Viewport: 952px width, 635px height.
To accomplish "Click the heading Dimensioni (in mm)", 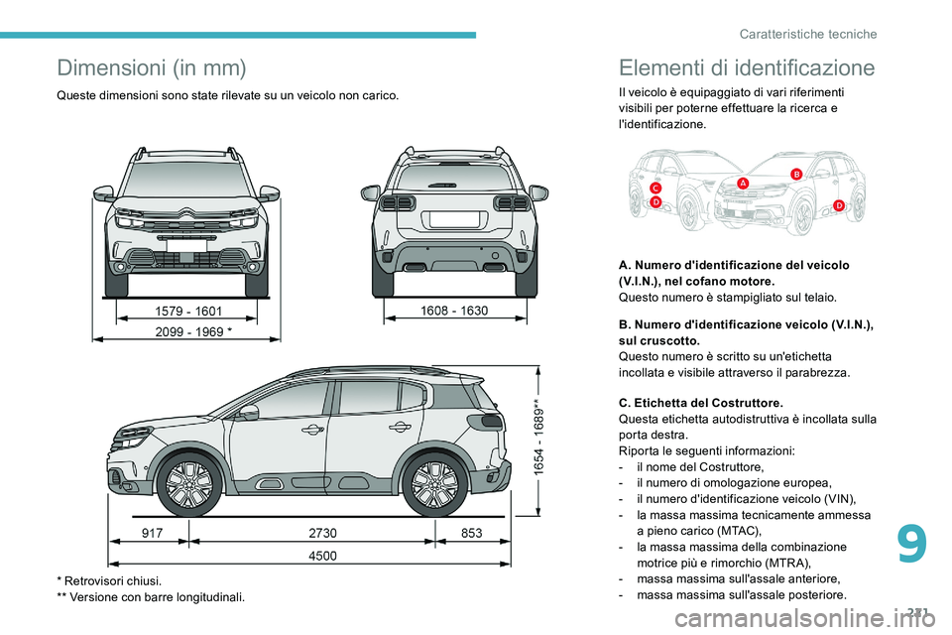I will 151,67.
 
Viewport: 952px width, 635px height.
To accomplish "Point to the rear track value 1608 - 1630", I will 453,311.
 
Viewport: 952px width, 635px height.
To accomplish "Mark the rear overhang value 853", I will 471,534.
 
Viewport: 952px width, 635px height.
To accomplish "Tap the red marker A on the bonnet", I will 743,183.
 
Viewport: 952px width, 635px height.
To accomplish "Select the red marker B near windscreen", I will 795,174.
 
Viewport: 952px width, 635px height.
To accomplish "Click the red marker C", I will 655,188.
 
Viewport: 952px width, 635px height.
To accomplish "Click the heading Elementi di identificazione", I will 746,67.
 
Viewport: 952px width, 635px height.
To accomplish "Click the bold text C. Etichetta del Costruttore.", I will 700,403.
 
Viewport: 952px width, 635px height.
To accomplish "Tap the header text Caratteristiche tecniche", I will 808,34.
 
